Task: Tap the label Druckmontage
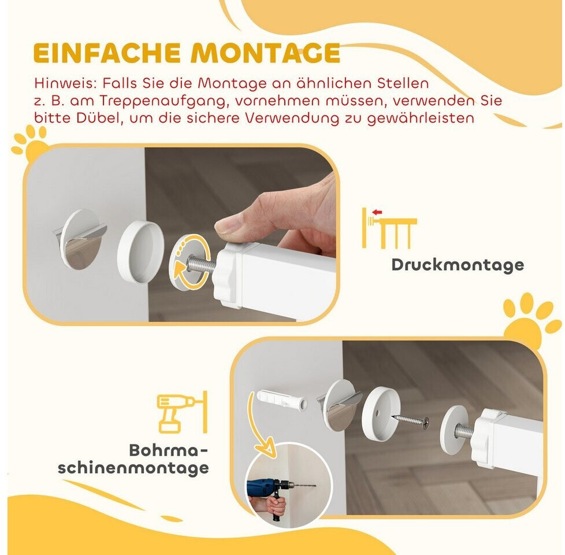coord(458,265)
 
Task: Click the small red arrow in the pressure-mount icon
coord(377,212)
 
